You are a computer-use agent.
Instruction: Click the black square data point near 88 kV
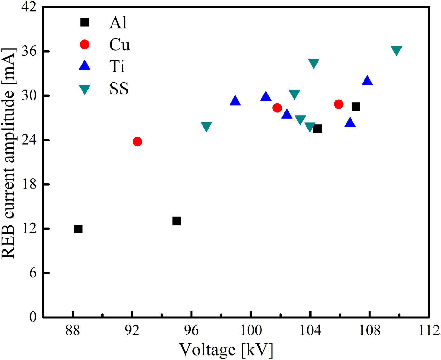(78, 229)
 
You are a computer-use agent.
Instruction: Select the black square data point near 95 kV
(176, 221)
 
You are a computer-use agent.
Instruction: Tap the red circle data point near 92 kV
(137, 141)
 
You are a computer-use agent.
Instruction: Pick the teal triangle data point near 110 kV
(396, 50)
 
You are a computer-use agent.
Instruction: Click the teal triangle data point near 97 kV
(206, 126)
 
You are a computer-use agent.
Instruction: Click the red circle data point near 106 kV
(339, 104)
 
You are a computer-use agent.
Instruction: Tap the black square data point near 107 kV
(356, 107)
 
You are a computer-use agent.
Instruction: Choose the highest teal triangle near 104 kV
(314, 63)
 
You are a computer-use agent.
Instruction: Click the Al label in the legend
(118, 23)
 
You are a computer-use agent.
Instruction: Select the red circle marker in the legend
(85, 44)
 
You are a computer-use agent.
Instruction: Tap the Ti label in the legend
(117, 67)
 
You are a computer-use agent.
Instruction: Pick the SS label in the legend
(119, 89)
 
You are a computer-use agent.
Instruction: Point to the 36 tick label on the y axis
(29, 51)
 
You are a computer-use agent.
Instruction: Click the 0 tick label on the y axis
(33, 317)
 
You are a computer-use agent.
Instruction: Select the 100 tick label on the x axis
(251, 331)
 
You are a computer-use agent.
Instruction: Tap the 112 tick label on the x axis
(429, 331)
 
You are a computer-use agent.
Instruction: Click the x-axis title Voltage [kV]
(226, 350)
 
